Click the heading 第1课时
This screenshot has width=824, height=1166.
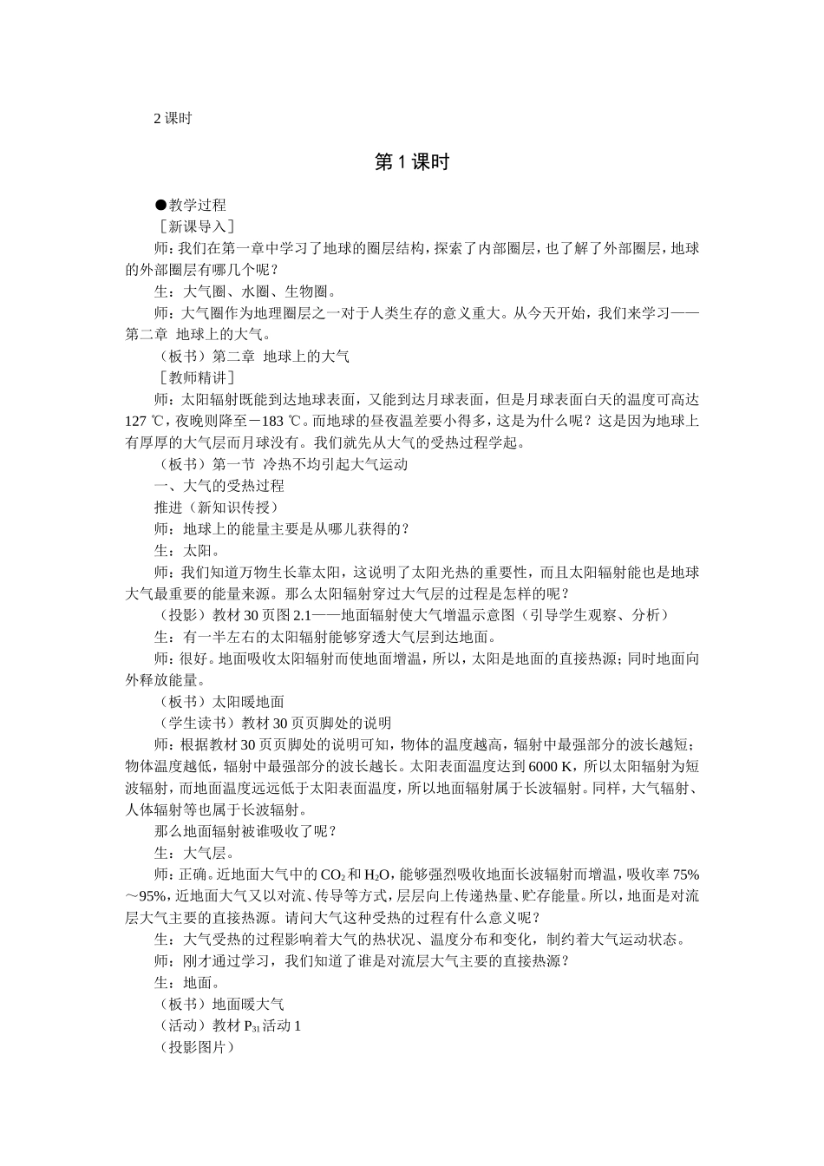[x=411, y=162]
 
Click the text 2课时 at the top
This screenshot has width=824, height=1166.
[x=172, y=119]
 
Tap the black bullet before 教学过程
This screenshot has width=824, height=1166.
[x=160, y=206]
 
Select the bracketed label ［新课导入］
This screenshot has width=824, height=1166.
[x=194, y=226]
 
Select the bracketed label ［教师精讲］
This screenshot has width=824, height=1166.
[x=194, y=377]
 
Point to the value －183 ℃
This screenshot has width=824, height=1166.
[x=273, y=421]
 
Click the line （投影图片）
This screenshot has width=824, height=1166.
[x=194, y=1047]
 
